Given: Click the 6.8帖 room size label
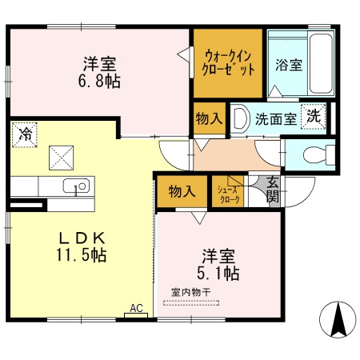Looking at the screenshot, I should [100, 81].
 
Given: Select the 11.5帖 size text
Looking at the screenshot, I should [77, 256].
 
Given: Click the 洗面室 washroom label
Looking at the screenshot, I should [275, 118].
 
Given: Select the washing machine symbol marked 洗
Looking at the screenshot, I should [314, 115].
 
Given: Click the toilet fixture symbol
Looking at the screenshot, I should [316, 154].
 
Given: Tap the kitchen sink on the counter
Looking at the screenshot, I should [78, 186].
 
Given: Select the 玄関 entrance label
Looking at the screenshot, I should [274, 188].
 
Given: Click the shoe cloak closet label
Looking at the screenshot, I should [226, 192].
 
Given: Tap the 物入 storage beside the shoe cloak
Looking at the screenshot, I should [181, 191].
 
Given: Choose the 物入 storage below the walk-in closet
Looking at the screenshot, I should [209, 118].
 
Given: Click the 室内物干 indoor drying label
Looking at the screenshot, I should [190, 292].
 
